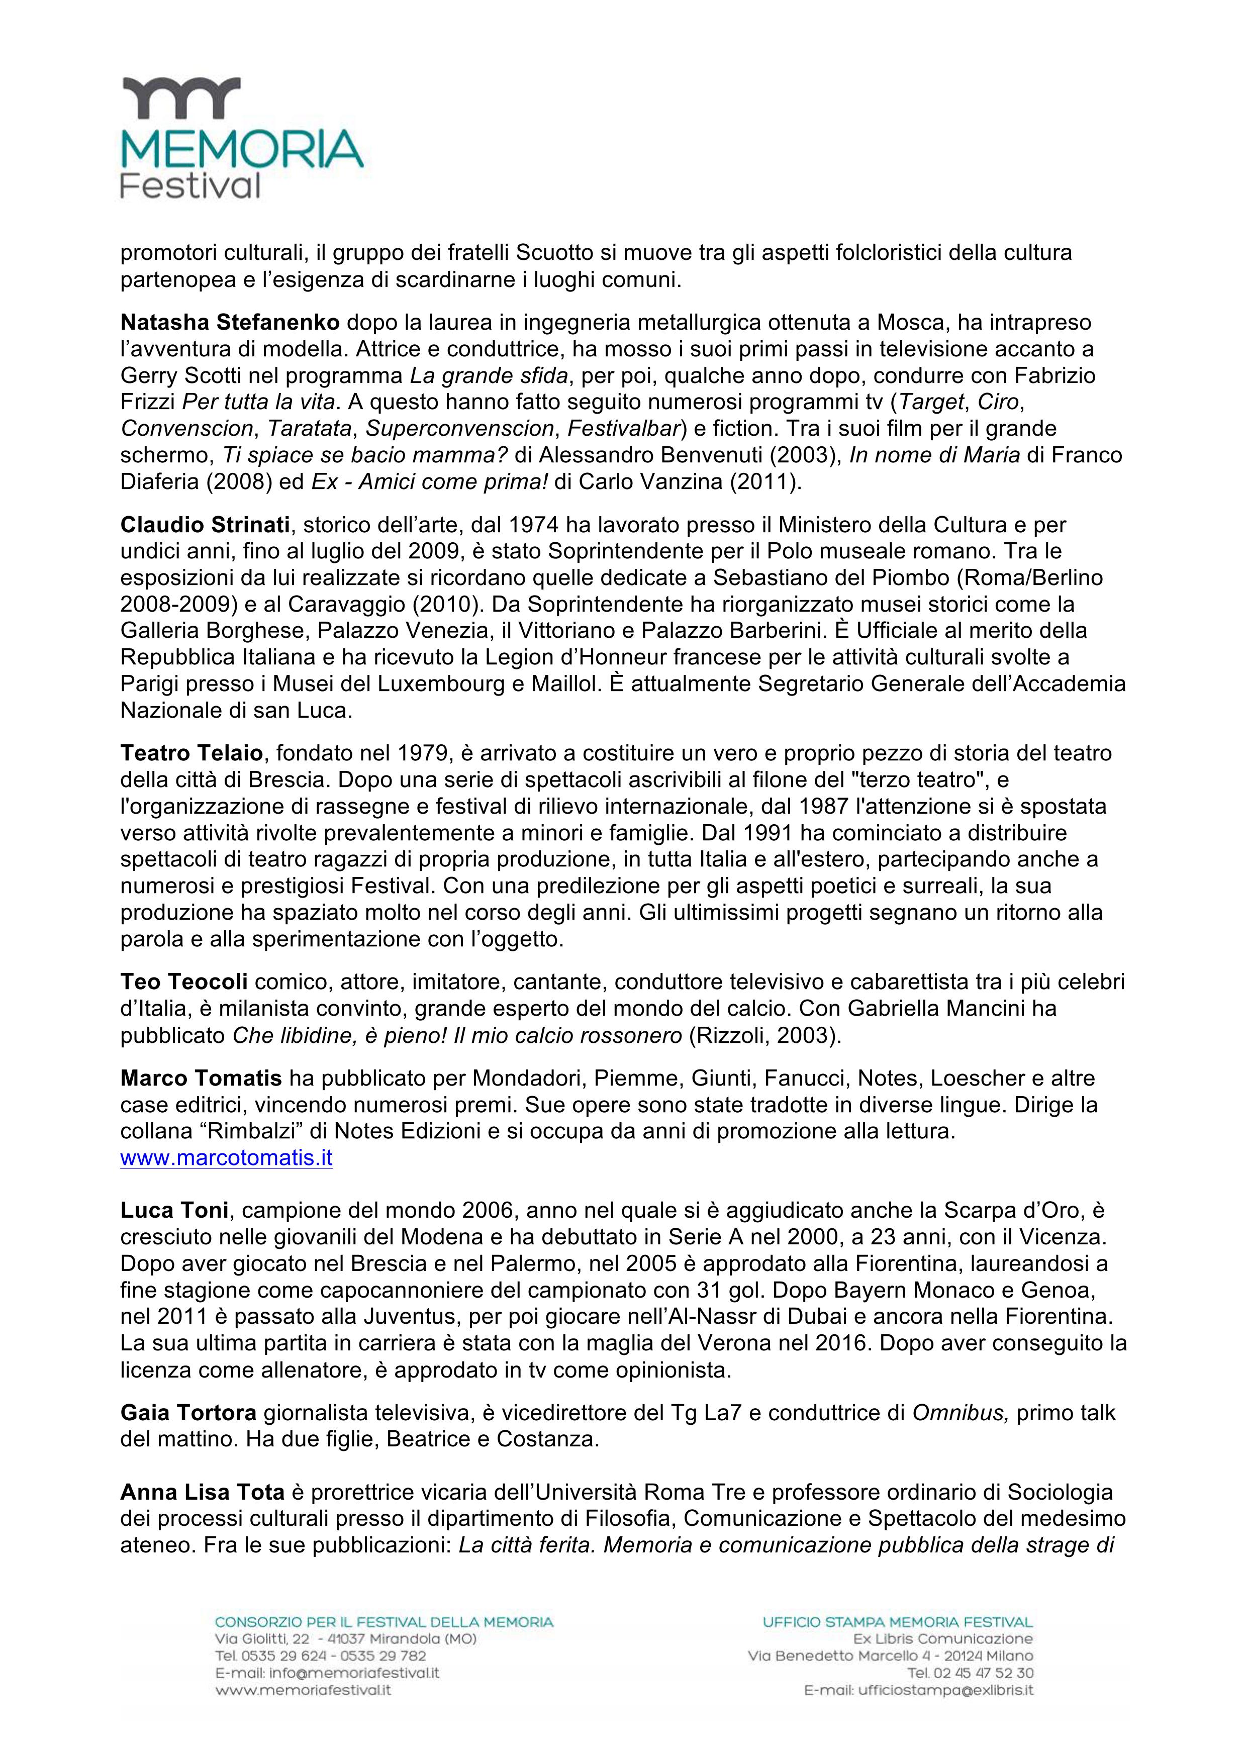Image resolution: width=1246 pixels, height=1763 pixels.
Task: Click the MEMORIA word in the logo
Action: click(242, 149)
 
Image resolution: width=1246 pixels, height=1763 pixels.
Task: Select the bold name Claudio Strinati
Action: click(205, 525)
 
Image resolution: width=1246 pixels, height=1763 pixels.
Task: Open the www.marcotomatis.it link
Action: click(227, 1158)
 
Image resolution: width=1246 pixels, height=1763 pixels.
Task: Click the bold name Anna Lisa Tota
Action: click(203, 1492)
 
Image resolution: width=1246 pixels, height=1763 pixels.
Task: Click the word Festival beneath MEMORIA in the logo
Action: click(190, 186)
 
